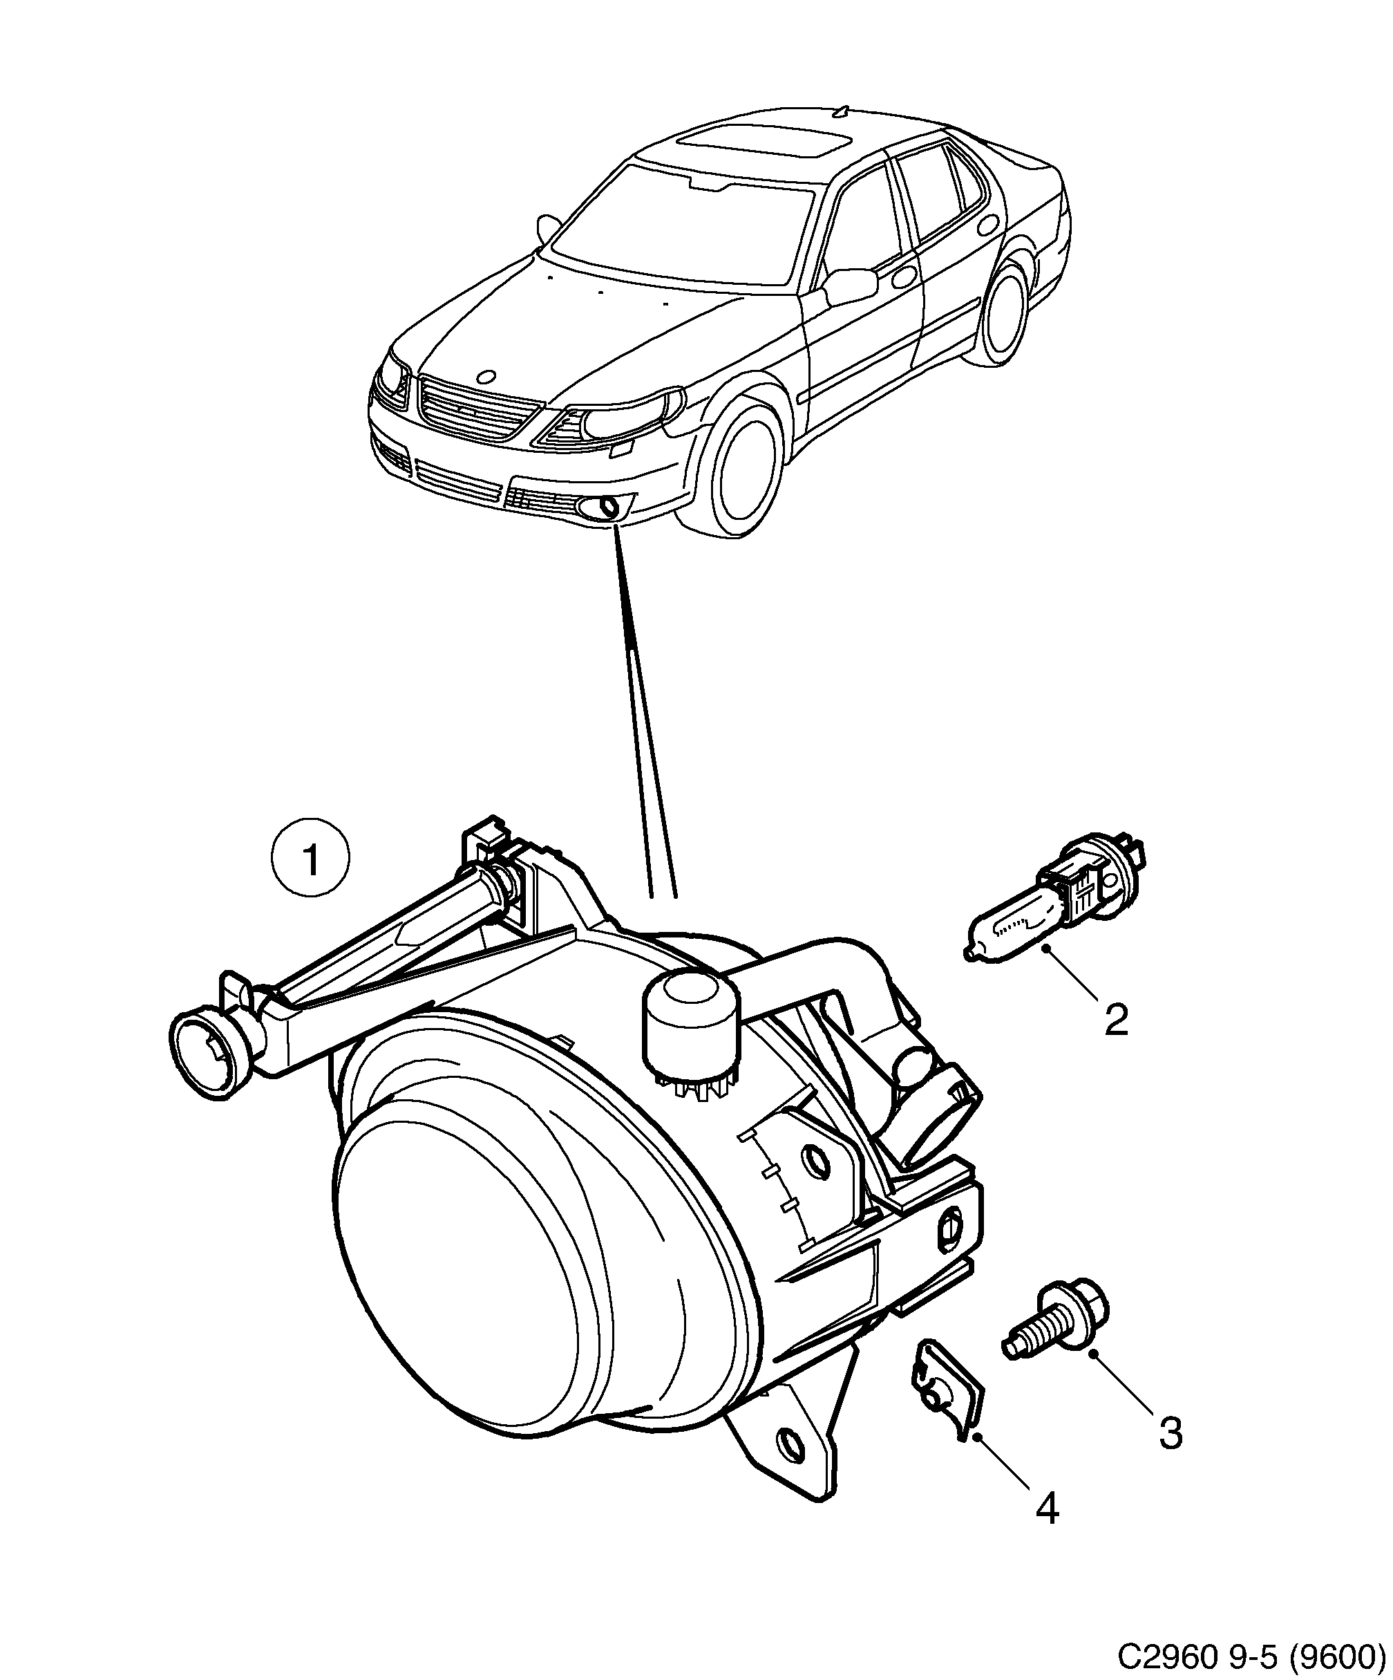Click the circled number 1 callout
(x=310, y=861)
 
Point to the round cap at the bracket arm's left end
(x=202, y=1055)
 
